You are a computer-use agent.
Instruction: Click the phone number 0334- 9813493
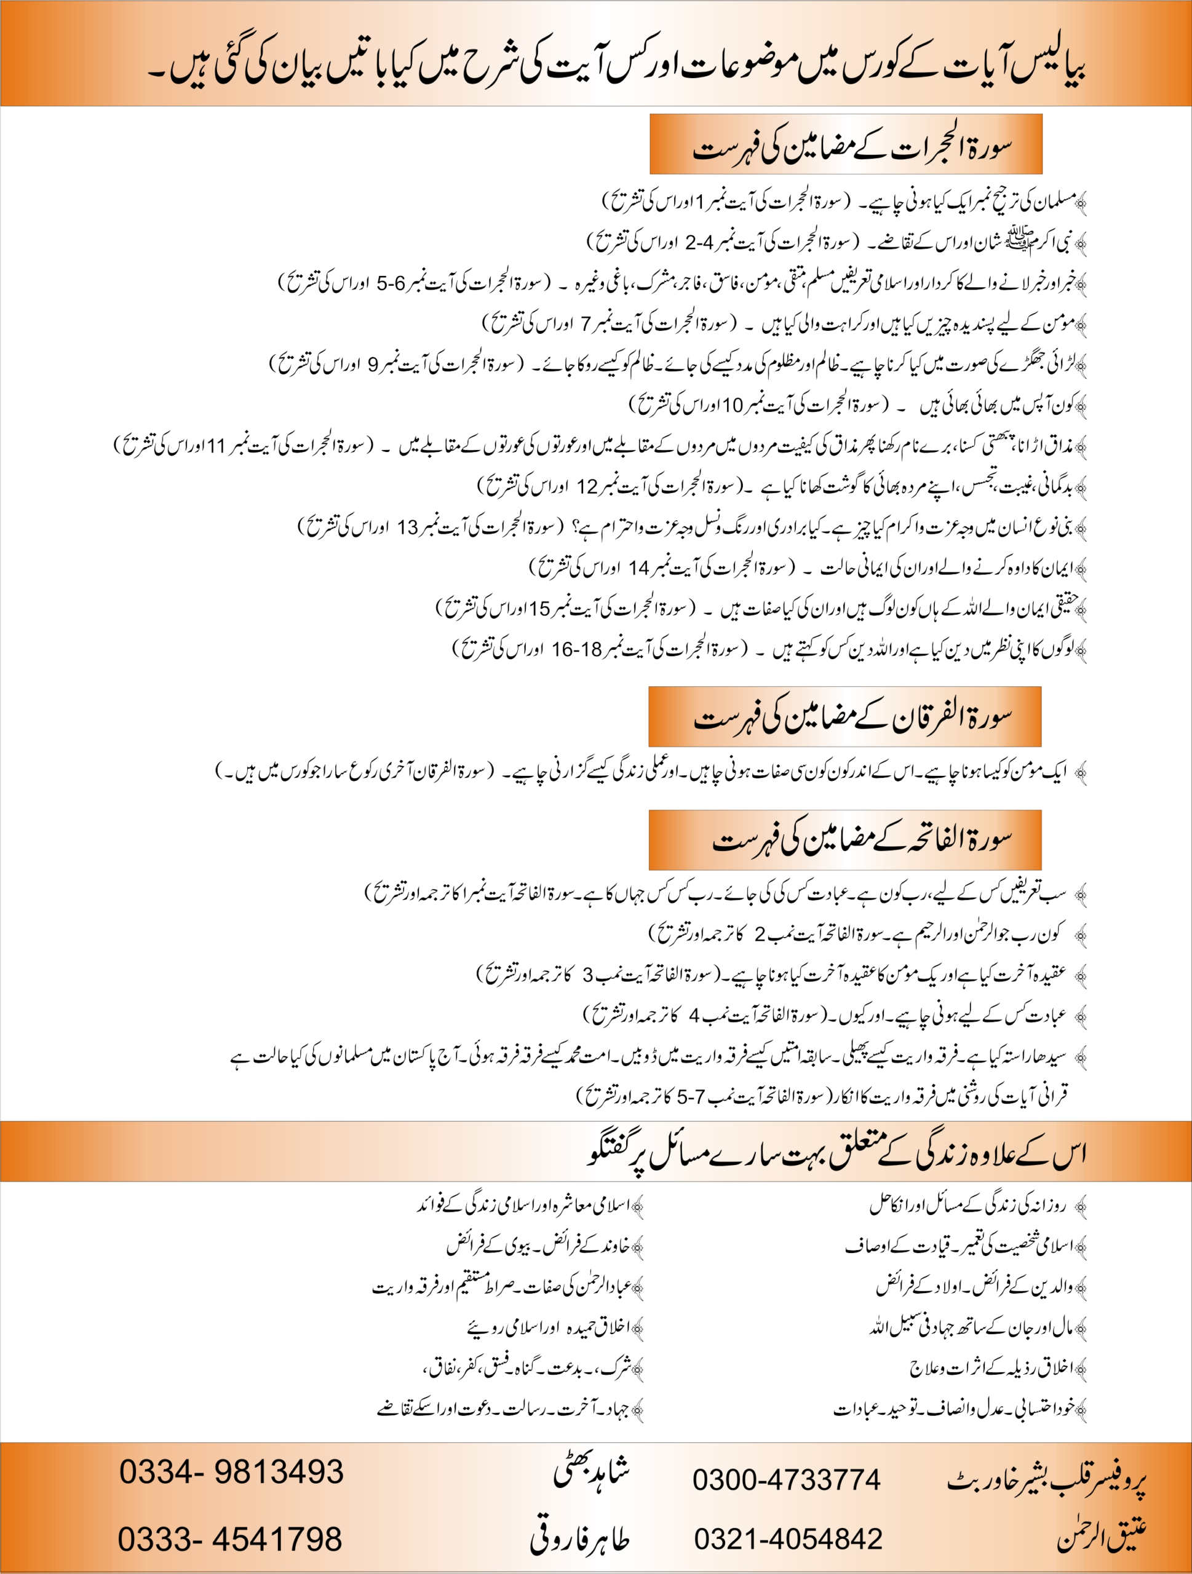click(231, 1471)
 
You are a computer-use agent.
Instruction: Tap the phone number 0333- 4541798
click(230, 1539)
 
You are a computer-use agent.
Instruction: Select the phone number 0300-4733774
click(787, 1480)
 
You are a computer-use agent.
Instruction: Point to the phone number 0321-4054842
click(789, 1539)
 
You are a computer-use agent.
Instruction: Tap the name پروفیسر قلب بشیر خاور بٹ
click(1046, 1480)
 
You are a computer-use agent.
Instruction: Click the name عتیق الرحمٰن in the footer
click(1102, 1537)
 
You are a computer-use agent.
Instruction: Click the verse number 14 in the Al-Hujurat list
click(638, 568)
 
